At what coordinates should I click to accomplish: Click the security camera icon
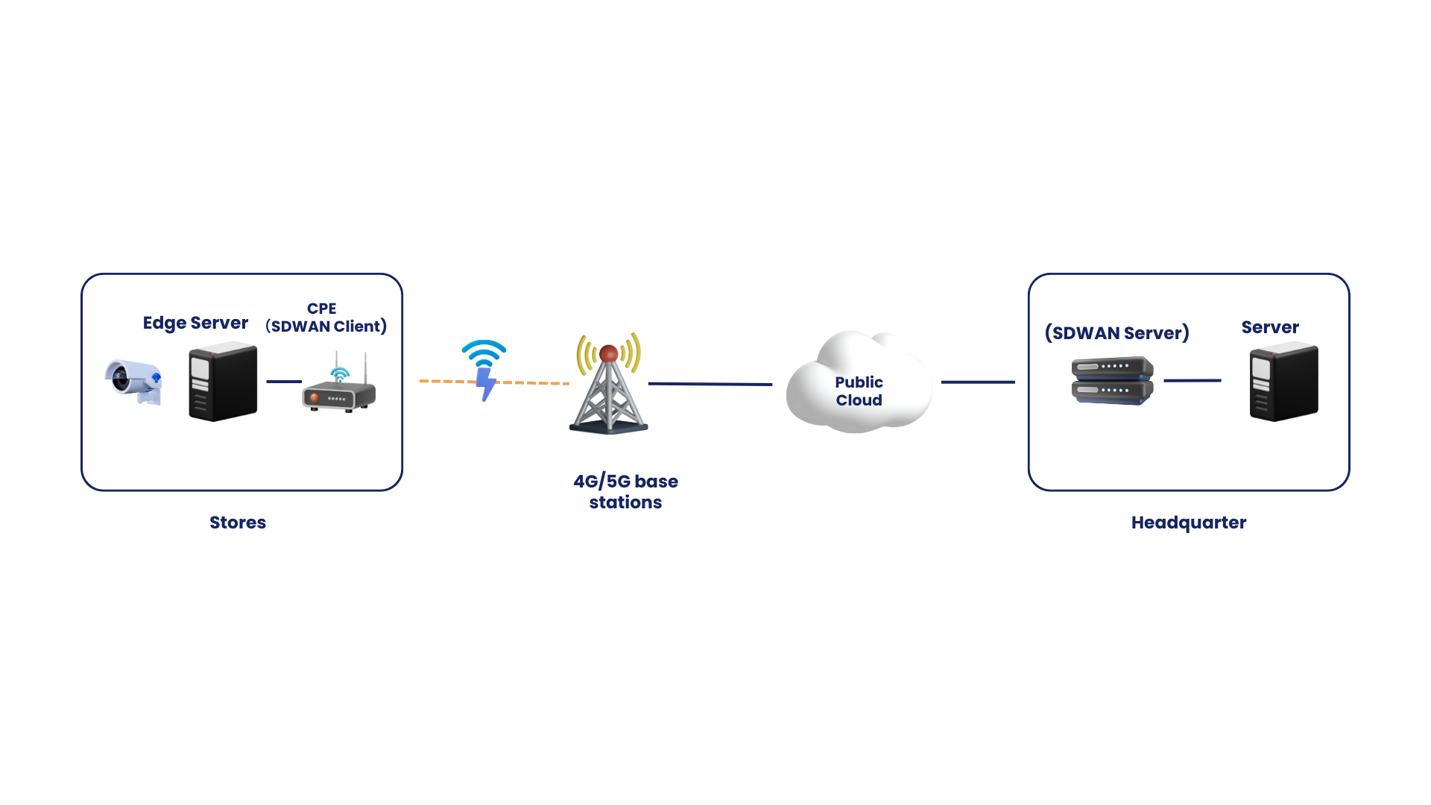tap(133, 382)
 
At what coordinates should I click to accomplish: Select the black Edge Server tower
tap(223, 382)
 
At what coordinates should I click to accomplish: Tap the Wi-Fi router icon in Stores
tap(339, 385)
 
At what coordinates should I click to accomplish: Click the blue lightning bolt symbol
tap(486, 384)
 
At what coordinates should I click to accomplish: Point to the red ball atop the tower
tap(609, 353)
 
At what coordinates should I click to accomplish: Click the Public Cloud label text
tap(859, 391)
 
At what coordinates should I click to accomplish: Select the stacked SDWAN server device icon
tap(1112, 381)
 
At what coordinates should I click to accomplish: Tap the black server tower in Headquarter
tap(1283, 382)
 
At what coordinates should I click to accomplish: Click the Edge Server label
tap(195, 323)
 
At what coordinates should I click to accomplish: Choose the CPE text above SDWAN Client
tap(322, 309)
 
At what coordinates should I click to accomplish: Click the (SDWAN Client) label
tap(326, 326)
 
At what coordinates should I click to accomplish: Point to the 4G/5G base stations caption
tap(626, 492)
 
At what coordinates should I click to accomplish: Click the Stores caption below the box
tap(238, 523)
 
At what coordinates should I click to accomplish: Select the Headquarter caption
tap(1189, 523)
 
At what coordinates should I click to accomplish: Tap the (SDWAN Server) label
tap(1117, 333)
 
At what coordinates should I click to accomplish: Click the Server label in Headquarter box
tap(1270, 327)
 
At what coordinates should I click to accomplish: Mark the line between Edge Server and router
tap(284, 382)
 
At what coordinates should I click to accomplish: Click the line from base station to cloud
tap(710, 384)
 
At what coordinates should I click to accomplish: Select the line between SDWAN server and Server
tap(1192, 380)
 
